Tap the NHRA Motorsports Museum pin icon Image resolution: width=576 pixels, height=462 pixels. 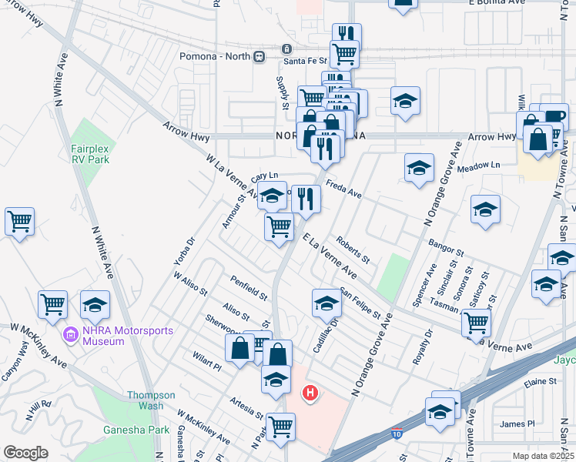pyautogui.click(x=72, y=335)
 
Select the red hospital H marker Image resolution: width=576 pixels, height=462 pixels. pyautogui.click(x=310, y=393)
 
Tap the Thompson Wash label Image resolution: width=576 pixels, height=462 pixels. pyautogui.click(x=146, y=400)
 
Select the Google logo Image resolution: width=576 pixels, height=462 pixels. pyautogui.click(x=25, y=453)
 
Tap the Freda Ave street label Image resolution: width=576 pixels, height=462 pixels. pyautogui.click(x=343, y=189)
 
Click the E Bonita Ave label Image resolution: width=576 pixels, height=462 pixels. pyautogui.click(x=496, y=3)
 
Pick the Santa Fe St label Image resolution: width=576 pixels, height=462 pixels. pyautogui.click(x=304, y=60)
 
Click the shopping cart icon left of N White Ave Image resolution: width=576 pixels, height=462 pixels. pyautogui.click(x=19, y=222)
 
